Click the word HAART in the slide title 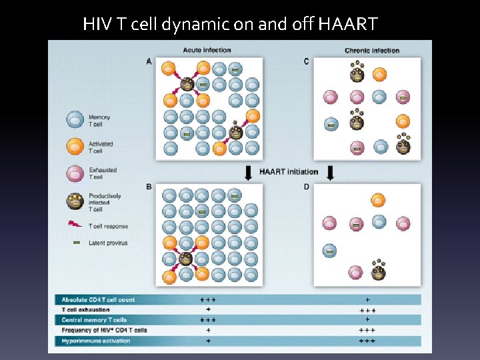click(x=348, y=25)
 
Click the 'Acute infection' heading click(x=207, y=50)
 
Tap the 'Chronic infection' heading click(x=372, y=51)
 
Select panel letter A click(x=149, y=61)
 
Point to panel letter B click(x=149, y=187)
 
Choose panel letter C click(x=307, y=61)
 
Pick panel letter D click(x=307, y=187)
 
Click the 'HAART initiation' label click(x=289, y=172)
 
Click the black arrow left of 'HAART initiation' click(x=249, y=173)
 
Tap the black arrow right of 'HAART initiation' click(x=330, y=173)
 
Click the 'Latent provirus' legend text click(x=108, y=243)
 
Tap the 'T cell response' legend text click(x=108, y=226)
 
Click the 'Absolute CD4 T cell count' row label click(x=98, y=300)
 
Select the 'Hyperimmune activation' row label click(x=96, y=341)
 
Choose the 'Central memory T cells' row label click(x=94, y=320)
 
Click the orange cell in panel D click(x=378, y=200)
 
